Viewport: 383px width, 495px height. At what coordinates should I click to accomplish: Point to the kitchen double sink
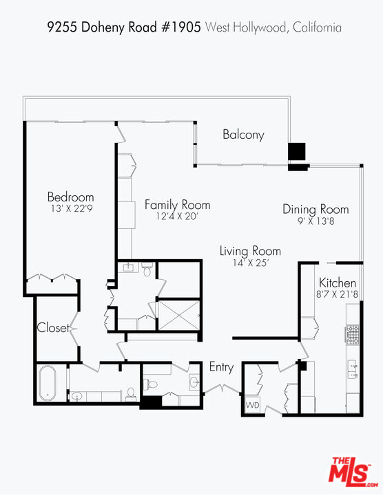(353, 369)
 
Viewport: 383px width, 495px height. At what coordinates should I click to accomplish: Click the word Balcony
(243, 135)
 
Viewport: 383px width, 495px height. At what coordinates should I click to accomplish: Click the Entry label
(221, 368)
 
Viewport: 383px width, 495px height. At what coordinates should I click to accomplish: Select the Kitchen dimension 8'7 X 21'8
(338, 295)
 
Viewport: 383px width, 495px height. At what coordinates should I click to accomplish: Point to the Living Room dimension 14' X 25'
(249, 263)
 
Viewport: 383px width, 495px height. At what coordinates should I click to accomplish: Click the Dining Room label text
(315, 210)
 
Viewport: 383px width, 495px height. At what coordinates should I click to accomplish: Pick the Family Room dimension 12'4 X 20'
(176, 217)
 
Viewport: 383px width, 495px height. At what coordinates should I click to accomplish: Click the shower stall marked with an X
(176, 317)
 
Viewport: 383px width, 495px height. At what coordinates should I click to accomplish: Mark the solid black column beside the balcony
(296, 152)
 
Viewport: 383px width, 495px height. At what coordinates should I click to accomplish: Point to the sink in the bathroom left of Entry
(194, 382)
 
